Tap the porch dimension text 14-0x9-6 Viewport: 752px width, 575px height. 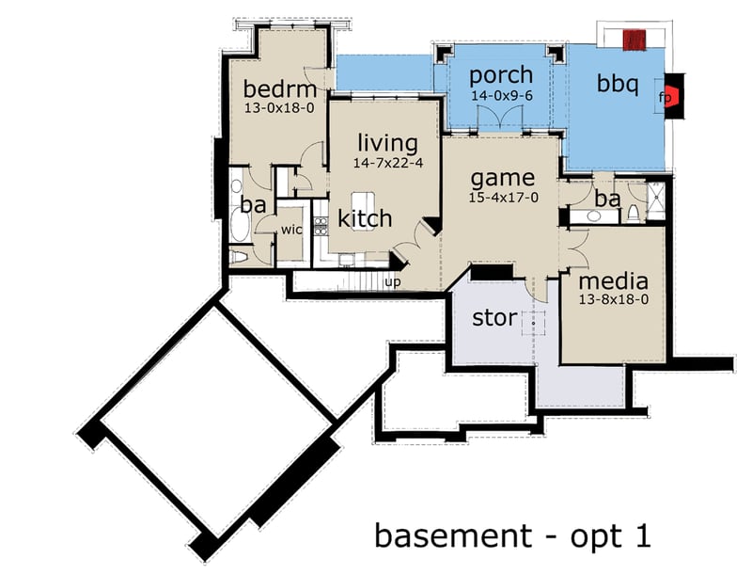click(x=501, y=95)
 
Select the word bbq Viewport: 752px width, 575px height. click(x=618, y=84)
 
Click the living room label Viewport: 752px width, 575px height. click(x=387, y=143)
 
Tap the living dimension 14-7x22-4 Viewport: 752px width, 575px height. click(x=386, y=163)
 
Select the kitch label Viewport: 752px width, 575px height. click(x=365, y=218)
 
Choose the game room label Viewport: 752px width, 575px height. click(x=502, y=177)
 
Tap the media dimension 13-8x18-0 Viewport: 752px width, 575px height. click(x=614, y=300)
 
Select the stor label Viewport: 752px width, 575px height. click(x=494, y=317)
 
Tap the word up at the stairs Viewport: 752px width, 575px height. click(x=392, y=281)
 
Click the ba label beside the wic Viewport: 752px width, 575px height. click(x=251, y=204)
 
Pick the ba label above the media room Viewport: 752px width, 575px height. click(x=606, y=199)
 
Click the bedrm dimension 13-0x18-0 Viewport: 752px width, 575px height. click(x=278, y=107)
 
